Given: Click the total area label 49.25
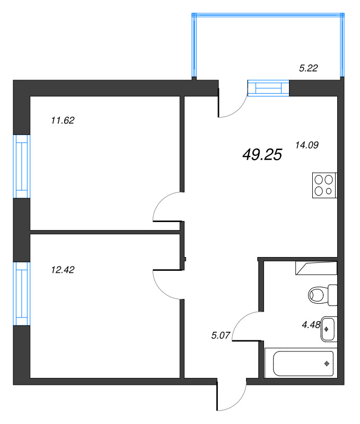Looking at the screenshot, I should pos(262,154).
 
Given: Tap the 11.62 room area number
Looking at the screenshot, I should pos(63,120).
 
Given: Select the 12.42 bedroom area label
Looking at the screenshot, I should pos(63,269).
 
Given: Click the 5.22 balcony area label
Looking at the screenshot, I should pos(309,67).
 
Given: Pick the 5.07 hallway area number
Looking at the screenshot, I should pos(220,334).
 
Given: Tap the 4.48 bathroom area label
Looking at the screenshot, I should pos(311,325).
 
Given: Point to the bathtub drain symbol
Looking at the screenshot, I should pos(327,364).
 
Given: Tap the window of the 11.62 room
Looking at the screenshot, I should pos(22,166).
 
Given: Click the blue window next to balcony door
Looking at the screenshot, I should pos(268,87).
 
